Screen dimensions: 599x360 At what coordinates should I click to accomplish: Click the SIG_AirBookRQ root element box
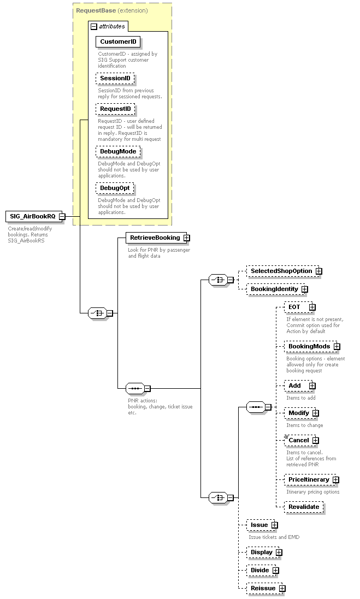[x=33, y=216]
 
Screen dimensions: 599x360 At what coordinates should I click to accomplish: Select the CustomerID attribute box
[x=118, y=41]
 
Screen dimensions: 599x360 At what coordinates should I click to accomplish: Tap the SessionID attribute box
[x=115, y=79]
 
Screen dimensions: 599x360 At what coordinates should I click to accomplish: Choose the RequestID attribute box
[x=115, y=109]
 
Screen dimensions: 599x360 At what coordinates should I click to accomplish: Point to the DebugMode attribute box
[x=118, y=151]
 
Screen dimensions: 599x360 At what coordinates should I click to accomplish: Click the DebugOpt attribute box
[x=115, y=188]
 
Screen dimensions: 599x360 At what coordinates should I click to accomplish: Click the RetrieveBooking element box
[x=155, y=238]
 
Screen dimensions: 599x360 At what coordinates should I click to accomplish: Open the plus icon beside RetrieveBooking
[x=187, y=238]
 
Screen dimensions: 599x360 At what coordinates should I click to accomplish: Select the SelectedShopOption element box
[x=281, y=271]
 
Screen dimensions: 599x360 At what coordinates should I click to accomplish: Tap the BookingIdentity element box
[x=274, y=289]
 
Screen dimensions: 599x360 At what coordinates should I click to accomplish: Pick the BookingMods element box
[x=309, y=346]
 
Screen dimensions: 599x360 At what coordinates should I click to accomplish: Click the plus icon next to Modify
[x=315, y=413]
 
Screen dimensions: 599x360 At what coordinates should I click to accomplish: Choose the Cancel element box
[x=298, y=440]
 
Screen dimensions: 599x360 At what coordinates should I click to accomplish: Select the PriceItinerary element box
[x=309, y=479]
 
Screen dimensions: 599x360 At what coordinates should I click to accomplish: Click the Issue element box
[x=259, y=525]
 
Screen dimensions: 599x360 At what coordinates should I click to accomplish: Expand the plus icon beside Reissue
[x=282, y=588]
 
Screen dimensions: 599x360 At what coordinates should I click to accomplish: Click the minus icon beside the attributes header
[x=94, y=26]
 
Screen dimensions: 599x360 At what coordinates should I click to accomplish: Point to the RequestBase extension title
[x=111, y=10]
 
